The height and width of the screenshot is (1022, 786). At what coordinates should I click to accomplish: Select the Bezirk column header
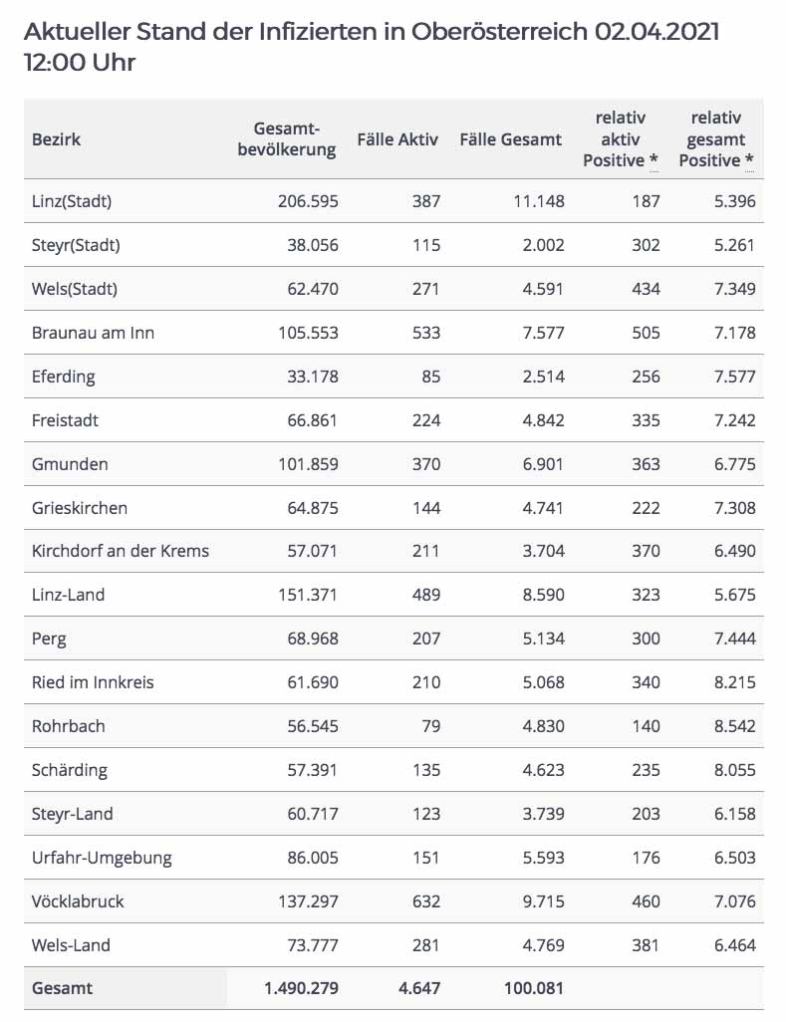(56, 139)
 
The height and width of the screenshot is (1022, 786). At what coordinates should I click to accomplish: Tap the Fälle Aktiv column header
(397, 139)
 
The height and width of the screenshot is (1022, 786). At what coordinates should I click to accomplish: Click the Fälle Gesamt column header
(511, 139)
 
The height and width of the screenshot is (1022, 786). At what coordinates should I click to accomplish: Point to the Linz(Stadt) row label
(72, 201)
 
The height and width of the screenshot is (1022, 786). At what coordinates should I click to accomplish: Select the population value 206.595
(308, 201)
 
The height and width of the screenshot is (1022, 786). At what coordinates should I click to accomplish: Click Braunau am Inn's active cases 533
(425, 333)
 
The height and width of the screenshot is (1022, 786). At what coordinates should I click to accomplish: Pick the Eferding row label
(64, 377)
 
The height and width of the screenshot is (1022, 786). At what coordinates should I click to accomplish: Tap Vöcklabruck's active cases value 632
(425, 901)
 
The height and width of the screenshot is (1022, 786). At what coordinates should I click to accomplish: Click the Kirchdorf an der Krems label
(121, 551)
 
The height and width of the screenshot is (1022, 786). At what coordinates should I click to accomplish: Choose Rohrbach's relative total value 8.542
(735, 726)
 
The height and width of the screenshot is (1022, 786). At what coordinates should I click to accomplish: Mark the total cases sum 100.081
(533, 989)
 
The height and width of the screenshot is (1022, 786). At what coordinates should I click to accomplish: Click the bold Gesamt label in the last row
(62, 989)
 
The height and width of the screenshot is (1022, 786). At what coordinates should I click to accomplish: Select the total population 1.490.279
(301, 989)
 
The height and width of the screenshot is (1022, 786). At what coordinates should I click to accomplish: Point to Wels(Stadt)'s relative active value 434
(646, 289)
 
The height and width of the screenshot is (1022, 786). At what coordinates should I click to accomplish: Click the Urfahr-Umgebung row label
(102, 858)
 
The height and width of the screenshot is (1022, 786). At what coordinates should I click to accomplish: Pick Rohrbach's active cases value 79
(430, 726)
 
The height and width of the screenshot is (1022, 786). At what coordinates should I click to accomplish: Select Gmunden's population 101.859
(308, 464)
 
